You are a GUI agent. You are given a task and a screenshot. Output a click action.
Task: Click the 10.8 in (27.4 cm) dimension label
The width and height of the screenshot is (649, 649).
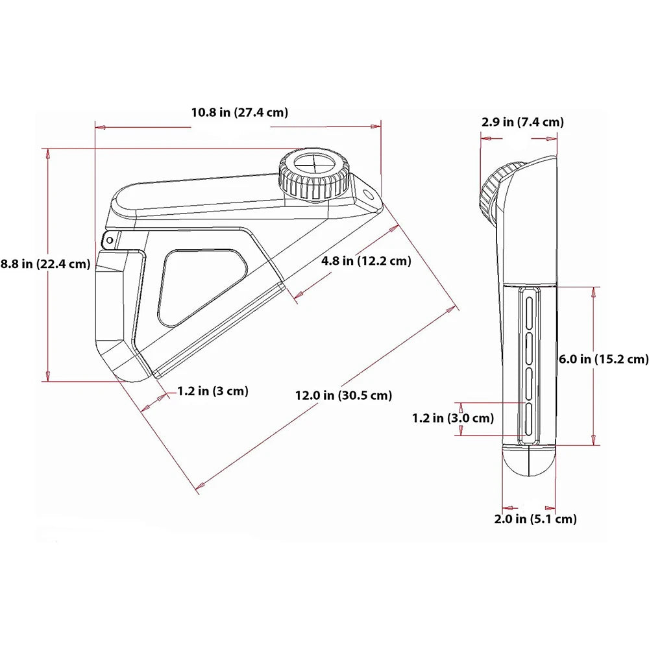[x=239, y=112]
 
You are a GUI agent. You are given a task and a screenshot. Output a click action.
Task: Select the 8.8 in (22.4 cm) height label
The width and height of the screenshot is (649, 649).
[x=45, y=264]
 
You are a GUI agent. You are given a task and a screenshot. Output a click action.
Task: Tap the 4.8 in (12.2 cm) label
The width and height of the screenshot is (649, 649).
[x=367, y=261]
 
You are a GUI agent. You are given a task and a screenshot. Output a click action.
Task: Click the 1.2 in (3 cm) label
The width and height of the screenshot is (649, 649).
[x=213, y=391]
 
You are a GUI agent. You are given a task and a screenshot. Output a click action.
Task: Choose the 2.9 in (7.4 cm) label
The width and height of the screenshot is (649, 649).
[x=522, y=121]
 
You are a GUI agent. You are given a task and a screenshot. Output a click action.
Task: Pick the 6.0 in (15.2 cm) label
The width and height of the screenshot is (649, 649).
[x=604, y=358]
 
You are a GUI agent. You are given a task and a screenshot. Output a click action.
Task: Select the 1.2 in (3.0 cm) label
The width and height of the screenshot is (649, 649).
[x=452, y=419]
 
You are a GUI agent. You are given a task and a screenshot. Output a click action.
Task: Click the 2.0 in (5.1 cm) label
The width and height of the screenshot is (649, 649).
[x=534, y=519]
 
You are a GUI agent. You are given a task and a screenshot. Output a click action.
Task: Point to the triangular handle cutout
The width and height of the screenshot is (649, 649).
[x=200, y=285]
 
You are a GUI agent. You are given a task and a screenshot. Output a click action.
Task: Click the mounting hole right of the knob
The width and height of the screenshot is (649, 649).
[x=368, y=194]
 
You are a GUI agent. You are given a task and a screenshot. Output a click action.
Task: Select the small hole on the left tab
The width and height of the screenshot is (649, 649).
[x=110, y=240]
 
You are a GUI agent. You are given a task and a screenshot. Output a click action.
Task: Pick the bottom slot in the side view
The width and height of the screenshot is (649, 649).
[x=528, y=419]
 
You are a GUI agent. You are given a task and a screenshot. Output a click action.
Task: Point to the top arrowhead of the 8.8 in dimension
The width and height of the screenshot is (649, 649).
[x=47, y=153]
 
